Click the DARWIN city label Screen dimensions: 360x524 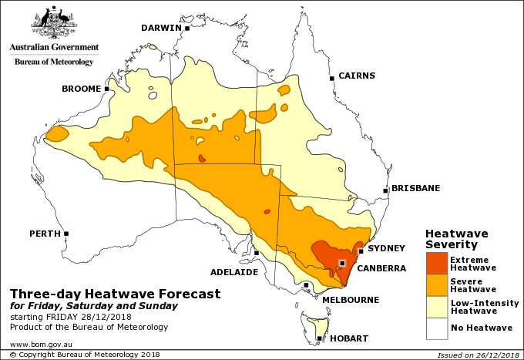coord(160,28)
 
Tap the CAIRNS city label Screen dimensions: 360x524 coord(357,76)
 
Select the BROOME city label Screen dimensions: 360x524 coord(81,89)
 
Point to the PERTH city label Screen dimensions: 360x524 coord(45,233)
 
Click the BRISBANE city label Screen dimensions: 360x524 coord(415,188)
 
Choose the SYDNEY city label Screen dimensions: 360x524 coord(386,248)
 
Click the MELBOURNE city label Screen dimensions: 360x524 coord(349,298)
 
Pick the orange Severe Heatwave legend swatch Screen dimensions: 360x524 coord(437,285)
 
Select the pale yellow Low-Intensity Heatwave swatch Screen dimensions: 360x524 coord(437,308)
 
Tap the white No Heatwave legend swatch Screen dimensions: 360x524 coord(437,329)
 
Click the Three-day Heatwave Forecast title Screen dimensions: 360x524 coord(115,294)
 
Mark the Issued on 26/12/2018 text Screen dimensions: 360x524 coord(477,355)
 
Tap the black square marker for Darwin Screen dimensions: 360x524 coord(187,28)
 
